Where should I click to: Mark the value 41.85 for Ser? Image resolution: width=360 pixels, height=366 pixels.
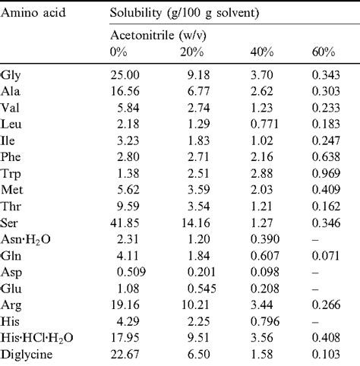coord(125,207)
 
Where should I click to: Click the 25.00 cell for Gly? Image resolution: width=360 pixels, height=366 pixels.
coord(125,76)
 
